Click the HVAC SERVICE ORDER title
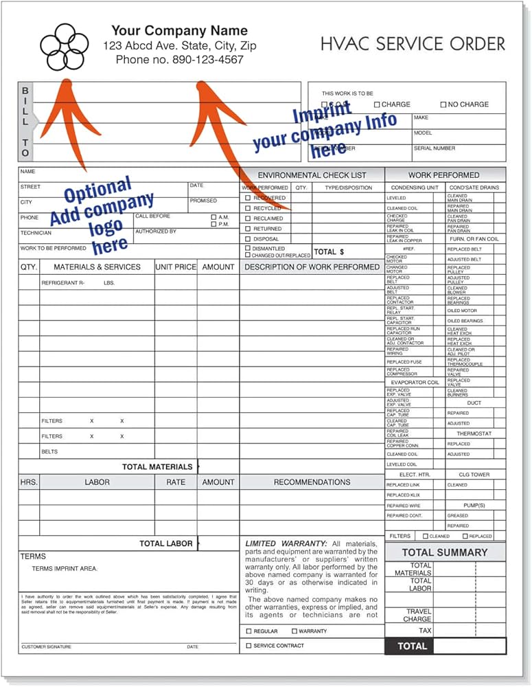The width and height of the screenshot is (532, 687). pyautogui.click(x=413, y=44)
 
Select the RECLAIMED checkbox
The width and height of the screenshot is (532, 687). pyautogui.click(x=248, y=218)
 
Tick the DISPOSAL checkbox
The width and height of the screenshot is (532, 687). pyautogui.click(x=248, y=239)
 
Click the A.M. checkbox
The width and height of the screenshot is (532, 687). pyautogui.click(x=214, y=217)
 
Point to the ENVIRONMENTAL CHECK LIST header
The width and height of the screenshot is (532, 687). pyautogui.click(x=312, y=175)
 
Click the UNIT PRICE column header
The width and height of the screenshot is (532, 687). pyautogui.click(x=176, y=267)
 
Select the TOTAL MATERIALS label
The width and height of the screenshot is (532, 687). pyautogui.click(x=157, y=467)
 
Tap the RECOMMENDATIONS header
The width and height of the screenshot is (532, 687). pyautogui.click(x=312, y=482)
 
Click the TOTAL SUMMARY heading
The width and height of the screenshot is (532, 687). pyautogui.click(x=444, y=552)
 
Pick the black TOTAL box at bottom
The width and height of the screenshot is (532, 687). pyautogui.click(x=412, y=646)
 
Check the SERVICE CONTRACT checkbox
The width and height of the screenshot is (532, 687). pyautogui.click(x=248, y=646)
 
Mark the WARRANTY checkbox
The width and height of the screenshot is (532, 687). pyautogui.click(x=294, y=631)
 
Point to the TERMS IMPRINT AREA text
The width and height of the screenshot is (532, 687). pyautogui.click(x=65, y=569)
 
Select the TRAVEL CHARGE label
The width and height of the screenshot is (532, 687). pyautogui.click(x=418, y=616)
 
